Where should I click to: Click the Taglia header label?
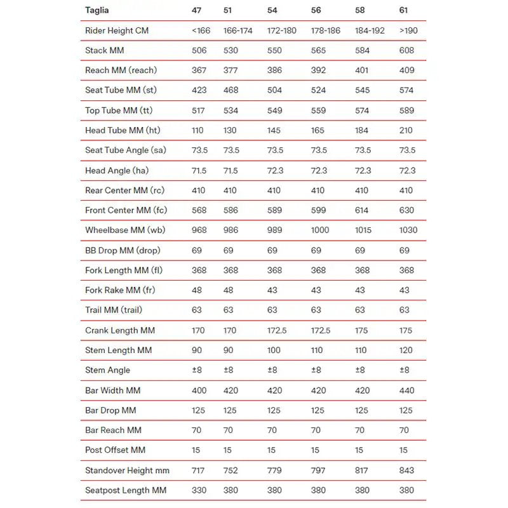pyautogui.click(x=97, y=10)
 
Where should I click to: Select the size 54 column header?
pyautogui.click(x=273, y=10)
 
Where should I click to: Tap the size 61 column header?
pyautogui.click(x=404, y=10)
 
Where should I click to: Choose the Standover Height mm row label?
pyautogui.click(x=127, y=470)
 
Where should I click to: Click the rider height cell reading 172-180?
pyautogui.click(x=282, y=30)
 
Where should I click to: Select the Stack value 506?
pyautogui.click(x=199, y=50)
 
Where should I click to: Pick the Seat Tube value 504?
pyautogui.click(x=274, y=90)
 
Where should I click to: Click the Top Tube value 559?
pyautogui.click(x=318, y=110)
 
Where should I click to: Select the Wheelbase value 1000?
pyautogui.click(x=321, y=230)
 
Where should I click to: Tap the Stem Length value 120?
pyautogui.click(x=406, y=350)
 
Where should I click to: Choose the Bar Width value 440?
pyautogui.click(x=406, y=390)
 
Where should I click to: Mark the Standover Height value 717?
pyautogui.click(x=199, y=470)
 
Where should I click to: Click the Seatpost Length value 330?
pyautogui.click(x=199, y=490)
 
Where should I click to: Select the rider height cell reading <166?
pyautogui.click(x=201, y=30)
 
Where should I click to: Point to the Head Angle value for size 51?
pyautogui.click(x=231, y=170)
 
